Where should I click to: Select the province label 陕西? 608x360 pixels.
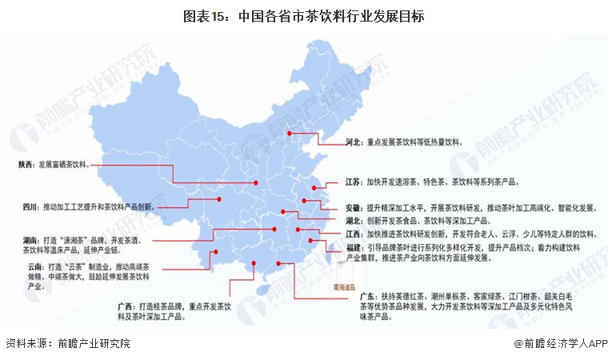26,165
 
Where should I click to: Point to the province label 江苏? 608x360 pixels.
352,182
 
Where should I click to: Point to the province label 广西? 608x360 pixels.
126,305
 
